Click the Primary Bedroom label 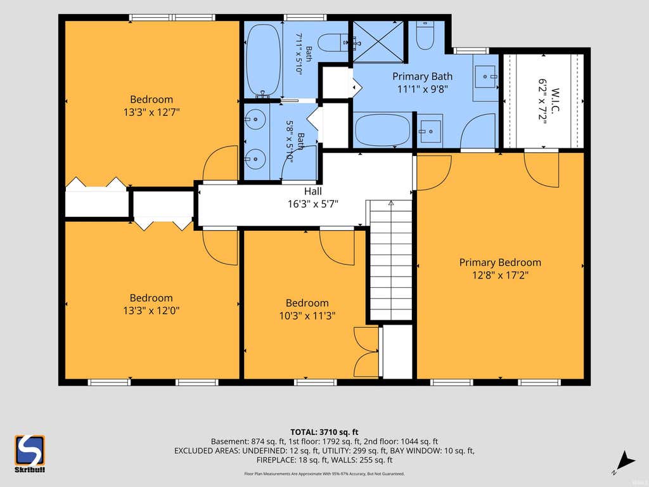pos(500,263)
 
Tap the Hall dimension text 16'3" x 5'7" pos(313,204)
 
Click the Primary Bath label pos(422,77)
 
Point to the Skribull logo pos(30,453)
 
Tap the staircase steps pos(390,260)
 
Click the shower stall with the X pos(378,42)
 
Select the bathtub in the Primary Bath pos(383,129)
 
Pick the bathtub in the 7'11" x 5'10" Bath pos(263,60)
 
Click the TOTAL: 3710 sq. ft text pos(324,432)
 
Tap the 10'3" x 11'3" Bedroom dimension pos(307,316)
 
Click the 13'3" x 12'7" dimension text pos(151,112)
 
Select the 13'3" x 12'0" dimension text pos(151,311)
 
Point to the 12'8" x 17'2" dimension pos(501,275)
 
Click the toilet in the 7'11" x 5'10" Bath pos(331,42)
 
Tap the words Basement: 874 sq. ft pos(248,441)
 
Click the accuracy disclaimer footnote pos(324,474)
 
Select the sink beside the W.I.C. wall pos(485,77)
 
